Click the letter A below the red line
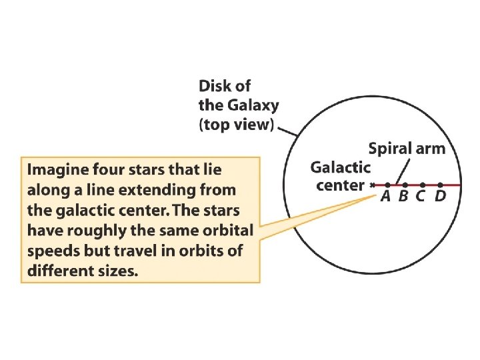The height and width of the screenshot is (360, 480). click(386, 196)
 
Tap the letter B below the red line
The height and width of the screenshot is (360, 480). click(403, 196)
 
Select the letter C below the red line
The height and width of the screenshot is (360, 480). click(421, 196)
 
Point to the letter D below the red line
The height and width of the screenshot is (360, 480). click(439, 196)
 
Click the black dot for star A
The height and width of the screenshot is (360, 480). click(388, 185)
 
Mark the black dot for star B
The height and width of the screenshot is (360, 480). click(405, 185)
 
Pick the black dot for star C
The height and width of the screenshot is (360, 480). click(423, 185)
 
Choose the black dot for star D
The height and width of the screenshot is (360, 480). click(440, 185)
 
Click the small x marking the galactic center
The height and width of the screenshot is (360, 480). click(372, 185)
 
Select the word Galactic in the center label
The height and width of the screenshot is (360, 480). click(340, 167)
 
